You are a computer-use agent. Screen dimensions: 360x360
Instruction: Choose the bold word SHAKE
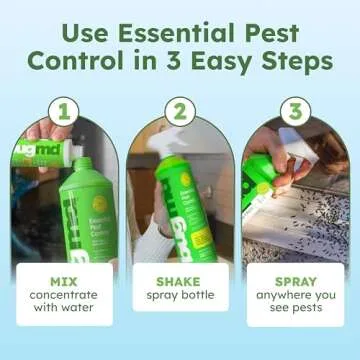(x=180, y=283)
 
